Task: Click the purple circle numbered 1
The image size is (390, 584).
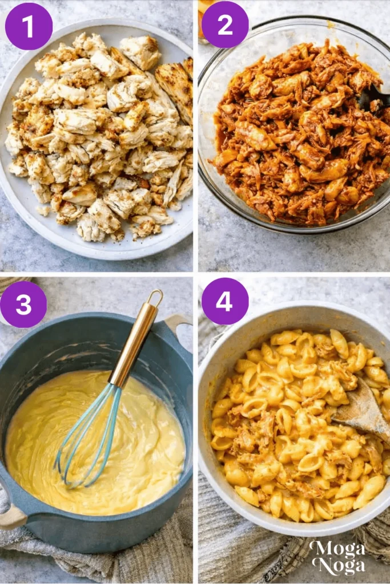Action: pos(29,26)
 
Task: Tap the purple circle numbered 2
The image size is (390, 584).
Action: pos(225,25)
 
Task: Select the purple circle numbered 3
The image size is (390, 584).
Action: pos(23,305)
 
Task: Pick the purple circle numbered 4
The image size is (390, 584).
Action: pos(225,301)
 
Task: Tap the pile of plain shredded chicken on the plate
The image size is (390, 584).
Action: pos(97,137)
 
